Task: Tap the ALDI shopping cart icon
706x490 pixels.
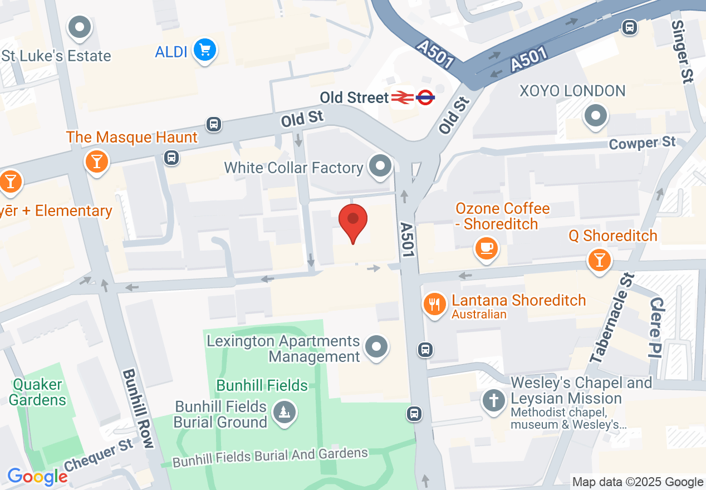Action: [x=205, y=51]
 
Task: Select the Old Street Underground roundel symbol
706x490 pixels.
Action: [x=425, y=98]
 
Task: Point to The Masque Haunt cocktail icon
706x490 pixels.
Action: [x=97, y=161]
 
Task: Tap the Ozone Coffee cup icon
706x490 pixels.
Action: [x=486, y=247]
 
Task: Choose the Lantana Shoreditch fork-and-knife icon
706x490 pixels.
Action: [x=435, y=305]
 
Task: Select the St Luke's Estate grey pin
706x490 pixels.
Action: [x=80, y=26]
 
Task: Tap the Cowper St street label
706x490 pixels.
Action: [x=642, y=144]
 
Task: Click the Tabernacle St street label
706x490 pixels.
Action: [x=612, y=319]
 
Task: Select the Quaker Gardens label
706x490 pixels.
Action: [x=38, y=392]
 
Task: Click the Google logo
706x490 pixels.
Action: [x=37, y=477]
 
